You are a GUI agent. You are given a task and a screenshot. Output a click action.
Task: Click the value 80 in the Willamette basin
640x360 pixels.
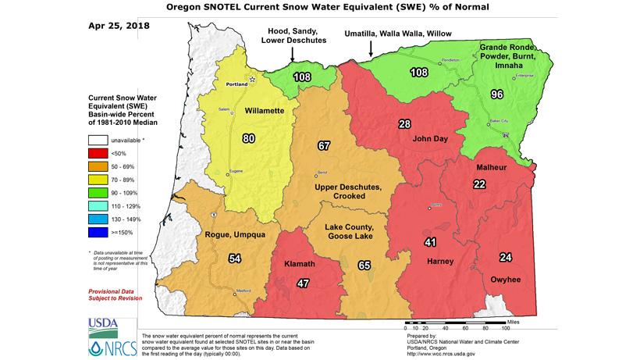tap(249, 140)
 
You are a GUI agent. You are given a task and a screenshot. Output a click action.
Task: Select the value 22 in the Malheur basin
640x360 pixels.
tap(478, 184)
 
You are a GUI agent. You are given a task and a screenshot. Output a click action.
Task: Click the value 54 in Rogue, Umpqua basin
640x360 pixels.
tap(234, 258)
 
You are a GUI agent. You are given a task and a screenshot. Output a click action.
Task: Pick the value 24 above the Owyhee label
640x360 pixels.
tap(506, 258)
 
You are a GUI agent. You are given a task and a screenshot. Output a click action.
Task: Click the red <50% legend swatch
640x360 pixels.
tap(99, 153)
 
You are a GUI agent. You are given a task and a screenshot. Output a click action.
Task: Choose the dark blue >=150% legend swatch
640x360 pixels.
tap(99, 231)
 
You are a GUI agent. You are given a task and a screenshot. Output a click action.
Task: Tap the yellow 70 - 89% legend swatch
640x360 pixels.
tap(99, 179)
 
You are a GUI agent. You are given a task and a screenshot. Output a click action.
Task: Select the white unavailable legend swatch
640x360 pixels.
tap(99, 140)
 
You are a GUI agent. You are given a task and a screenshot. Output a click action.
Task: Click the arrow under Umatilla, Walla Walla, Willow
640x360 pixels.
tap(371, 48)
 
